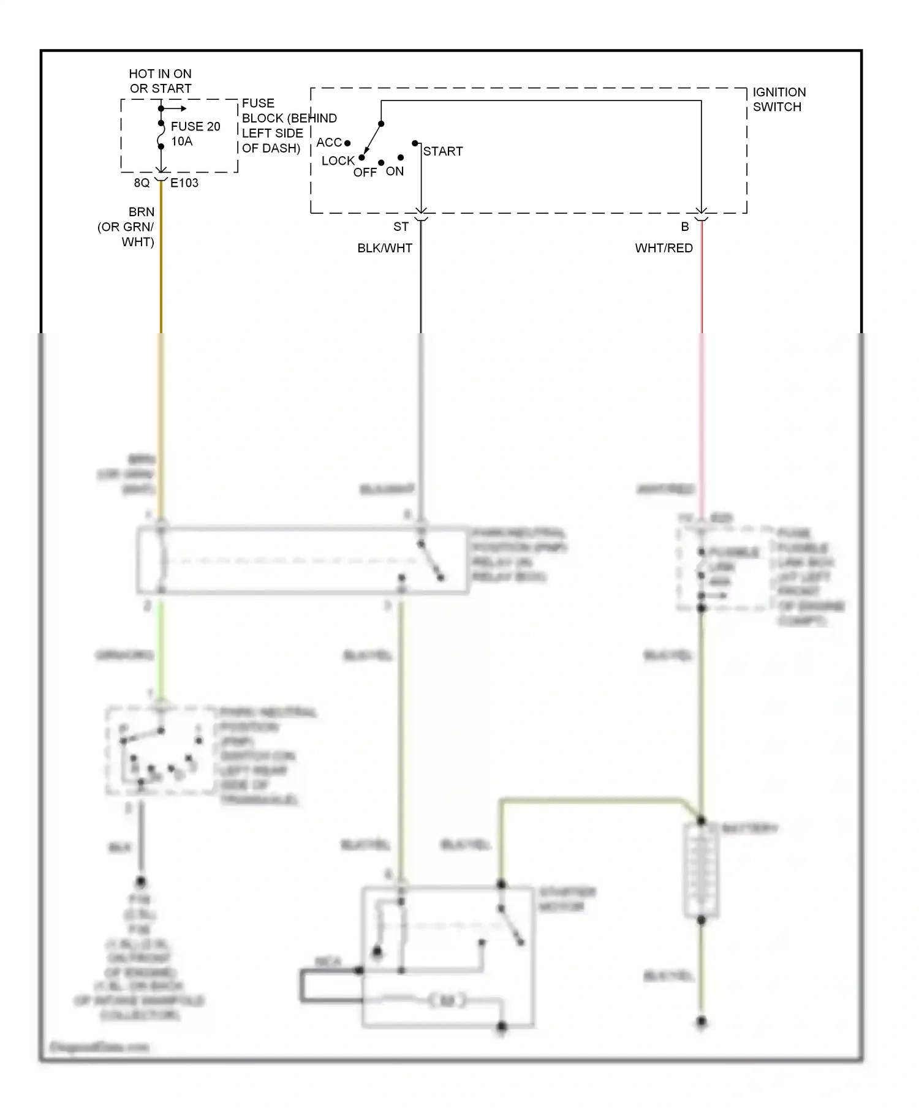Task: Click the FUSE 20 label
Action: click(x=195, y=127)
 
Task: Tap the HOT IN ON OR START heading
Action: click(x=160, y=81)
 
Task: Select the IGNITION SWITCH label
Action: click(x=779, y=99)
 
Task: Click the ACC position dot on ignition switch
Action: click(x=347, y=143)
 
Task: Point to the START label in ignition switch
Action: click(x=442, y=151)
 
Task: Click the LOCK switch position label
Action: click(x=338, y=161)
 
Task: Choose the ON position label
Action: click(x=395, y=171)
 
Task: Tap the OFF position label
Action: click(x=365, y=173)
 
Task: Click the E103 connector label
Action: click(x=184, y=183)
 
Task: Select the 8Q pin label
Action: click(x=142, y=183)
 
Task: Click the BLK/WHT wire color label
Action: click(x=385, y=248)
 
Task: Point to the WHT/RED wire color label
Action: click(x=664, y=248)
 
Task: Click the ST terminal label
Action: click(x=401, y=227)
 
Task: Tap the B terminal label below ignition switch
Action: click(x=685, y=227)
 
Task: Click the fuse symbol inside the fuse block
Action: click(x=161, y=135)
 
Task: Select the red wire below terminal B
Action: click(x=702, y=282)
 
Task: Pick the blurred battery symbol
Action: click(x=701, y=870)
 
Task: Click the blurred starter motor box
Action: click(x=448, y=956)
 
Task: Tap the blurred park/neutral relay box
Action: click(x=303, y=560)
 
